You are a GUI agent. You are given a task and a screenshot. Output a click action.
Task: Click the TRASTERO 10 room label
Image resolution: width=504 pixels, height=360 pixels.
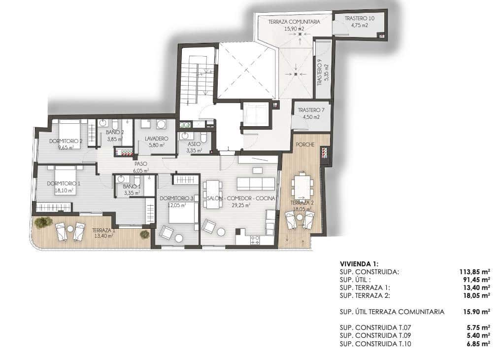[359, 18]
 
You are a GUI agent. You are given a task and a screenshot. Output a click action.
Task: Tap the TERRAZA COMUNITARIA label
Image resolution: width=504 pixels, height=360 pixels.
[295, 22]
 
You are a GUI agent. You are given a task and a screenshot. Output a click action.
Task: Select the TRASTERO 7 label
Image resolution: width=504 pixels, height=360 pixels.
[311, 110]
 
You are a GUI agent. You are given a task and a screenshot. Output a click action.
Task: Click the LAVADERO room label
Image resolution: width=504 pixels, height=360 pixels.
[157, 139]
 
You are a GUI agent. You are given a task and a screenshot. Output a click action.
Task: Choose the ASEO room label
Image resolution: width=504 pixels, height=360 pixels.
[194, 144]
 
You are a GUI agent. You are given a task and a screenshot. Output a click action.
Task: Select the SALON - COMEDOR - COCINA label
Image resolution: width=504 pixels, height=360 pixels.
[241, 198]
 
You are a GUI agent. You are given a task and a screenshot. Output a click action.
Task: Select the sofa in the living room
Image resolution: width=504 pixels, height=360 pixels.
[256, 184]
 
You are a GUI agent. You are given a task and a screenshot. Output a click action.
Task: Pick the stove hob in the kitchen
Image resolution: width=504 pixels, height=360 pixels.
[255, 240]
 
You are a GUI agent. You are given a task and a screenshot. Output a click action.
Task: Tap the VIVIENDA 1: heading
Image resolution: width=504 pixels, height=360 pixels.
[359, 264]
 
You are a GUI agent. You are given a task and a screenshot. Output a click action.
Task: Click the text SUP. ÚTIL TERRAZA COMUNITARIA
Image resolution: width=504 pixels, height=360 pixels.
[392, 312]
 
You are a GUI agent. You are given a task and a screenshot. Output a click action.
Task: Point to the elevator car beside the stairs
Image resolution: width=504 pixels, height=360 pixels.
[255, 113]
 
